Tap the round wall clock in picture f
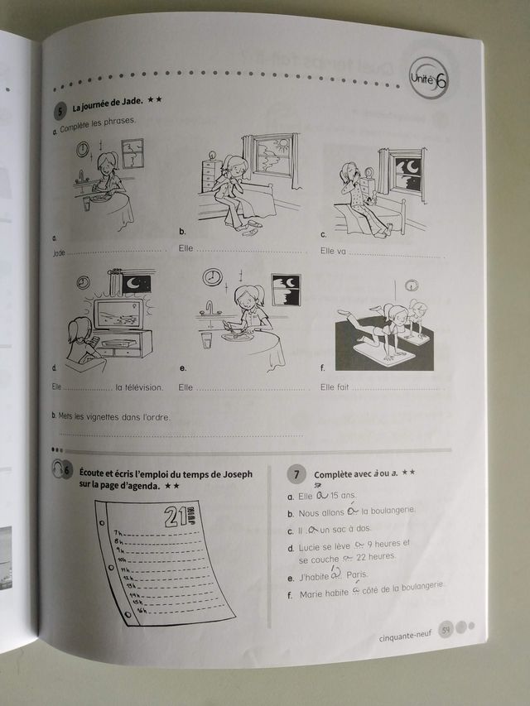point(412,286)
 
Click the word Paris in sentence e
point(357,574)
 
